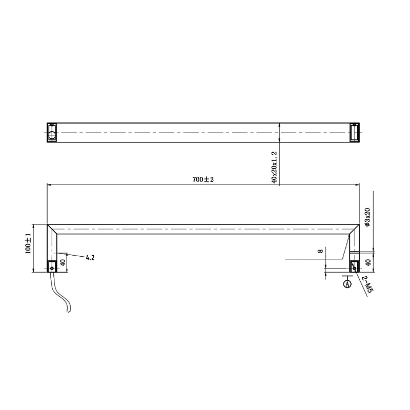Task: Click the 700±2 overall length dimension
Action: [x=202, y=180]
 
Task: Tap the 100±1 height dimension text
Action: [x=29, y=243]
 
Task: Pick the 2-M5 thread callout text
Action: [x=367, y=284]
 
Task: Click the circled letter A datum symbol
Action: [x=347, y=283]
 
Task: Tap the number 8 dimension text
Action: [x=320, y=251]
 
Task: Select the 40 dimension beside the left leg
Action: [x=63, y=262]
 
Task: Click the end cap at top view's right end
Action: [x=354, y=133]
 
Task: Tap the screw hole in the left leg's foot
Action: [x=52, y=266]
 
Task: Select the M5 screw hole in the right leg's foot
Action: [x=354, y=267]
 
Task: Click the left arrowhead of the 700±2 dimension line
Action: [x=50, y=185]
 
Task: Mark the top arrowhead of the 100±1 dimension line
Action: [x=33, y=226]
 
